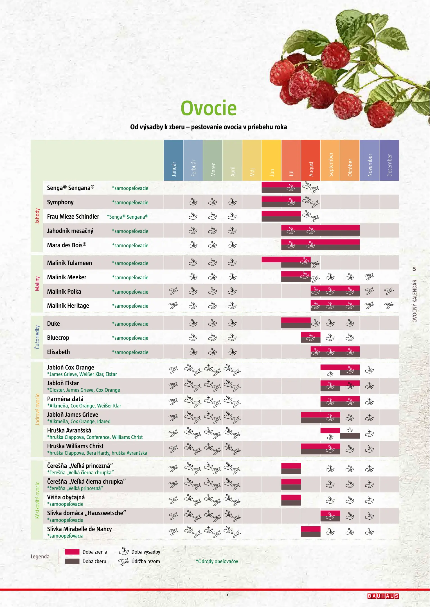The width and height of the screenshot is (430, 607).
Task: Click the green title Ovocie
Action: click(208, 108)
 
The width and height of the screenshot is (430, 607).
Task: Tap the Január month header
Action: click(174, 160)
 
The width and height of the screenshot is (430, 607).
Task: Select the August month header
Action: click(311, 160)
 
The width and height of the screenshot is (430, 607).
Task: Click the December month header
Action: click(389, 160)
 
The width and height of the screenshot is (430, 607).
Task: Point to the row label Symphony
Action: click(60, 202)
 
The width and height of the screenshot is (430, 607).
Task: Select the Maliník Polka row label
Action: click(64, 292)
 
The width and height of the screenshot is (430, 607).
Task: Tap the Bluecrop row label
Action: click(58, 338)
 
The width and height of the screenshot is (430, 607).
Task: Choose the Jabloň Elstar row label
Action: click(63, 383)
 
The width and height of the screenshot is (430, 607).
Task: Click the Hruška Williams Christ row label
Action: click(75, 446)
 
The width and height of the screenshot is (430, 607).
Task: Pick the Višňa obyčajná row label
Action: click(66, 497)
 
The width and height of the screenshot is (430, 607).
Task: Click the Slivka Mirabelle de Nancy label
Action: click(80, 529)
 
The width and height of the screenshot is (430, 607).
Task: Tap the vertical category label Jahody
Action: click(37, 216)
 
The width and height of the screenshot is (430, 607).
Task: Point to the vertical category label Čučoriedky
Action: click(37, 337)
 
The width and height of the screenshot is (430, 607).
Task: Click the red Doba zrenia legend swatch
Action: click(72, 552)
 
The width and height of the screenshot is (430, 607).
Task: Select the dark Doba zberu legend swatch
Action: click(72, 561)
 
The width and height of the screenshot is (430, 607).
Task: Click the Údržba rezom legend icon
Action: click(124, 562)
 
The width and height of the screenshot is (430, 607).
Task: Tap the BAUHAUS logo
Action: click(383, 596)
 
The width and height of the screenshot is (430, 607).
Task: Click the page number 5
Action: click(414, 269)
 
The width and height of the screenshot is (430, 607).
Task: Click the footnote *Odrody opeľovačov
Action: click(217, 561)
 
